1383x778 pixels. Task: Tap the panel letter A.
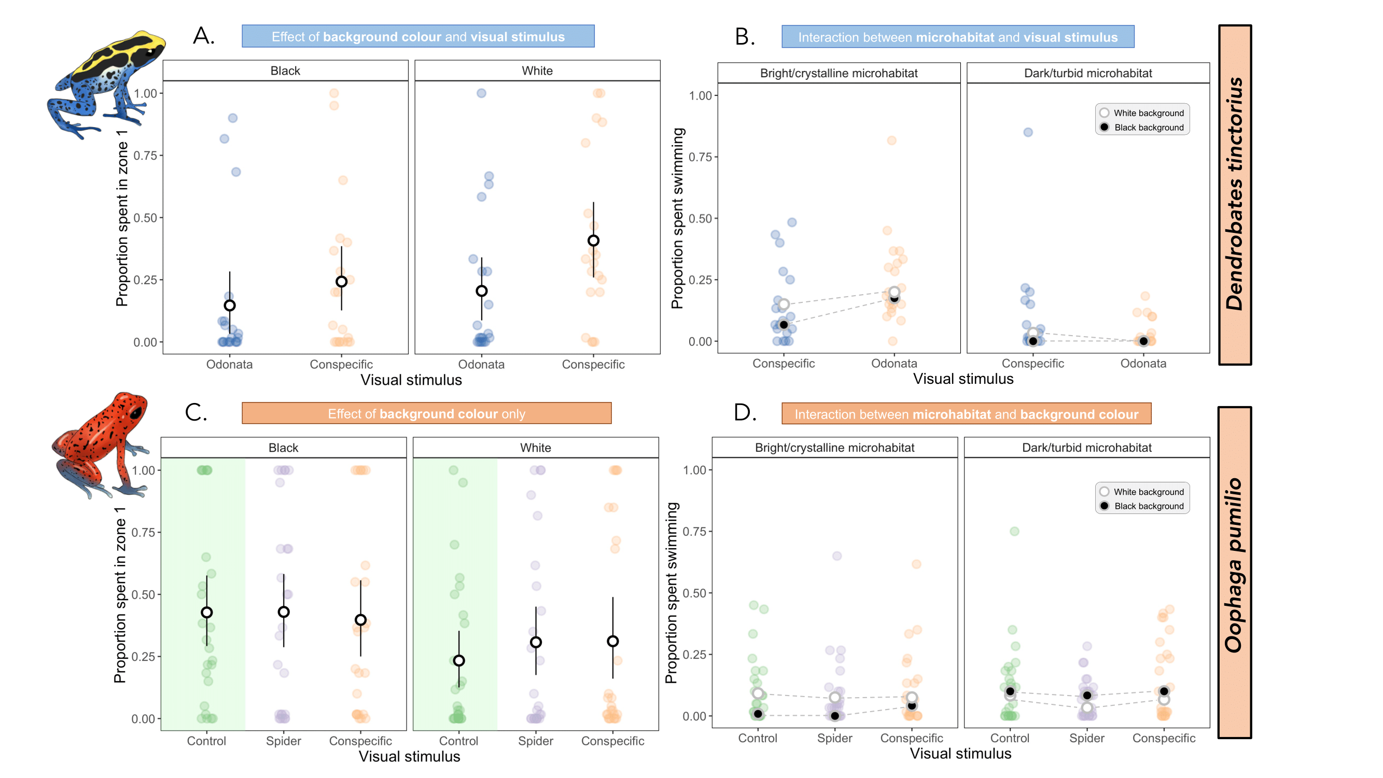[x=204, y=36]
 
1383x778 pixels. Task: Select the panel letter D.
[x=745, y=413]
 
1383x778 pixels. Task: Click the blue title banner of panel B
[x=957, y=37]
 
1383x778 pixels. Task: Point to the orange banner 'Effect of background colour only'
[x=426, y=414]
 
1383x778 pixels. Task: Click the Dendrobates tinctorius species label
[x=1235, y=195]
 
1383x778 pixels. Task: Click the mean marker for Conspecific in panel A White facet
[x=593, y=241]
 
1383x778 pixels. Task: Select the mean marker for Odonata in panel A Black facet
[x=230, y=305]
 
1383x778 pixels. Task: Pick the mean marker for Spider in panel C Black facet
[x=284, y=612]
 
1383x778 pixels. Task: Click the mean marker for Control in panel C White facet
[x=458, y=660]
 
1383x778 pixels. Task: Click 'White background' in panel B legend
[x=1148, y=113]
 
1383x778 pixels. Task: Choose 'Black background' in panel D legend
[x=1148, y=506]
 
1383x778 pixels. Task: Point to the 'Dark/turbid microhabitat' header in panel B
[x=1088, y=74]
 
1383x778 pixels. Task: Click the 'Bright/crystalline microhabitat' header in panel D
[x=834, y=448]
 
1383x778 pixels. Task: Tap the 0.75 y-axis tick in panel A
[x=145, y=156]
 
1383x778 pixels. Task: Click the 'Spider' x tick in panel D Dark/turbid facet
[x=1087, y=738]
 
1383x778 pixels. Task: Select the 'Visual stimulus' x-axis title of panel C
[x=409, y=757]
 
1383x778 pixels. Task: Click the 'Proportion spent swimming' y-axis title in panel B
[x=678, y=218]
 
